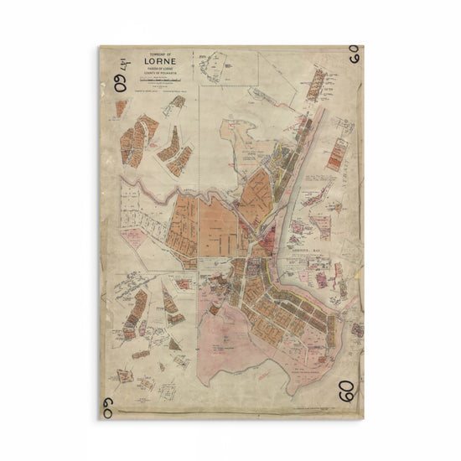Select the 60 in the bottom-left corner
[107, 408]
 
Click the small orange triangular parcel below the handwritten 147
[121, 107]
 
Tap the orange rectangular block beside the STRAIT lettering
[336, 153]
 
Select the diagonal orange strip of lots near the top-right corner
[316, 85]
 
